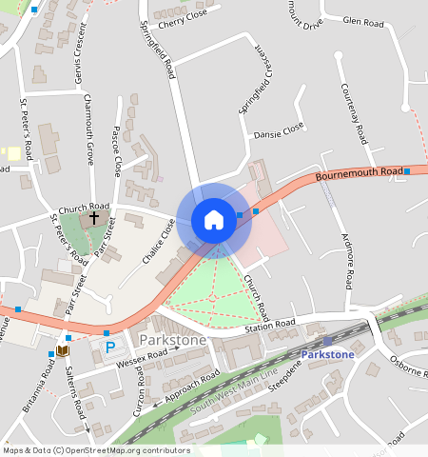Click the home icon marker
coord(214,220)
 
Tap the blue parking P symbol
coord(110,348)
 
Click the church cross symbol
coord(94,217)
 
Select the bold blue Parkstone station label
coord(327,355)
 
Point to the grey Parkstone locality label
coord(172,340)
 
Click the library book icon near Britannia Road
coord(63,351)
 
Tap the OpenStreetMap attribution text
coord(97,450)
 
